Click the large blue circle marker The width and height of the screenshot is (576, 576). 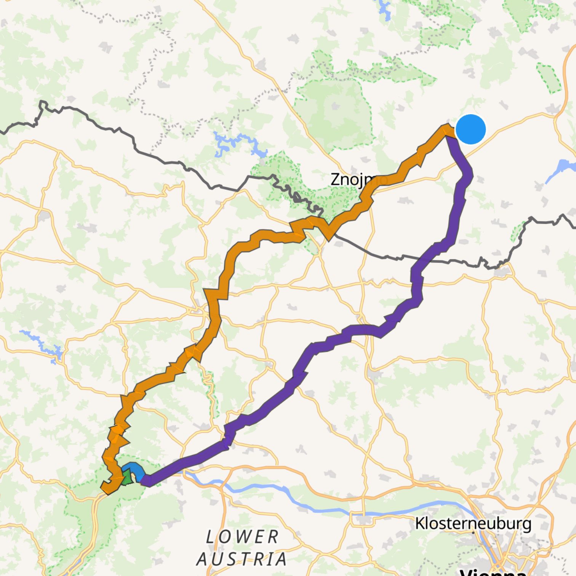470,130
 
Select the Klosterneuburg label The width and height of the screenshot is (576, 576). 473,523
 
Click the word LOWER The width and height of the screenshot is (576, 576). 242,537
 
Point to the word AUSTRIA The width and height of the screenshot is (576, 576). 242,559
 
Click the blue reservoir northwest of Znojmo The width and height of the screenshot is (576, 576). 236,143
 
